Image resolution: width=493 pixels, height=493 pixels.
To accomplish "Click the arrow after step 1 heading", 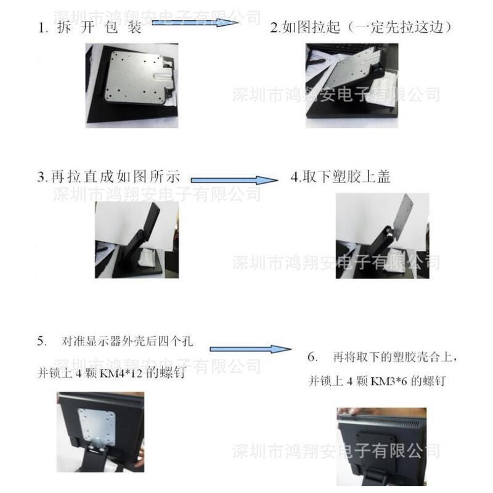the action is (195, 23).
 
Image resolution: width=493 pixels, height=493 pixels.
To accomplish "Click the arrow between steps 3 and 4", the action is (234, 180).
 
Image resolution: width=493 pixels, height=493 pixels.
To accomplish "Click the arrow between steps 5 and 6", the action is (251, 349).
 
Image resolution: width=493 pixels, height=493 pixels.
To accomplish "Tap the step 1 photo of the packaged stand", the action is (132, 86).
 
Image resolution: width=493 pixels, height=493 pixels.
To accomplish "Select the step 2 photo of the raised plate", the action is (352, 86).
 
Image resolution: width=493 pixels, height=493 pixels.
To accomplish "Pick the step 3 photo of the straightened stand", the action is (137, 240).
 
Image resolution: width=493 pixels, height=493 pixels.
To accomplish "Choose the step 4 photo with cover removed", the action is (382, 236).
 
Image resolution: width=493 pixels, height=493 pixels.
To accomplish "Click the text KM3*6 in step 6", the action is (389, 381).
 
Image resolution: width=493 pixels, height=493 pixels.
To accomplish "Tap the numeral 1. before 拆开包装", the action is (43, 28).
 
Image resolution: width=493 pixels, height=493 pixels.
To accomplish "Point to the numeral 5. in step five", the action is (43, 341).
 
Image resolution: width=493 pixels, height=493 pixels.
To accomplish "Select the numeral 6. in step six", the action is (312, 357).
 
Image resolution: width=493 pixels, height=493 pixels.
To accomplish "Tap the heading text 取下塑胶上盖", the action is (346, 177).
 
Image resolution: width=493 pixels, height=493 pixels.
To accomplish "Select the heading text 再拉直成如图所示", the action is (115, 177).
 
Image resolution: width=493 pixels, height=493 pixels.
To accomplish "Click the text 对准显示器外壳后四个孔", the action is (127, 341).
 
